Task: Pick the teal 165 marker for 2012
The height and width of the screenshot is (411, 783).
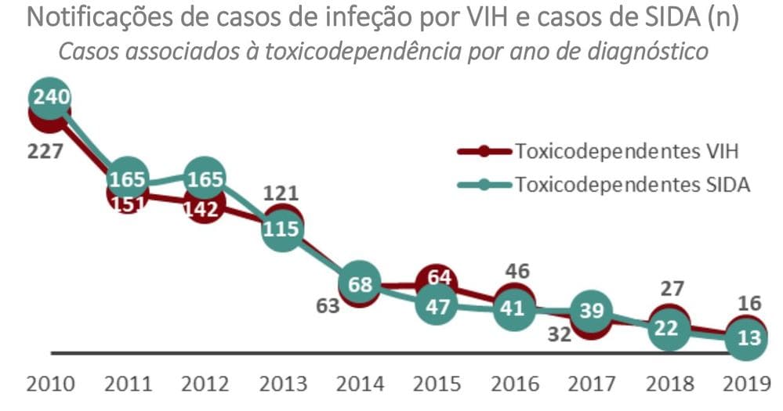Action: pos(205,178)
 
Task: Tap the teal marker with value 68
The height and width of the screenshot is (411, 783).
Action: pos(359,284)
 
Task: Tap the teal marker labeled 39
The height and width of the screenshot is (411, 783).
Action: pos(592,311)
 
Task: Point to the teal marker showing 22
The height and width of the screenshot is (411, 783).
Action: pos(667,330)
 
